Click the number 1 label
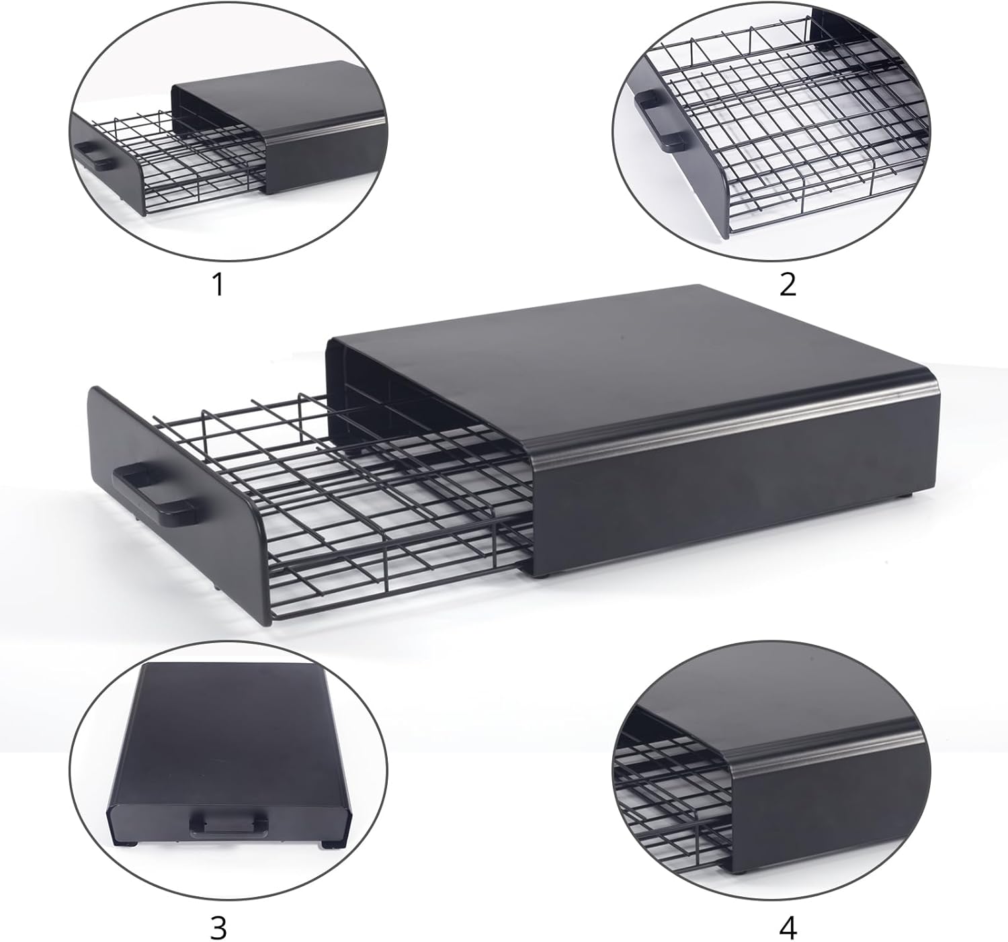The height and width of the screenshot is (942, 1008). [218, 285]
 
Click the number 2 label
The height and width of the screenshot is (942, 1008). [787, 285]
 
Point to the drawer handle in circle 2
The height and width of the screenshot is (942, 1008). [660, 120]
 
